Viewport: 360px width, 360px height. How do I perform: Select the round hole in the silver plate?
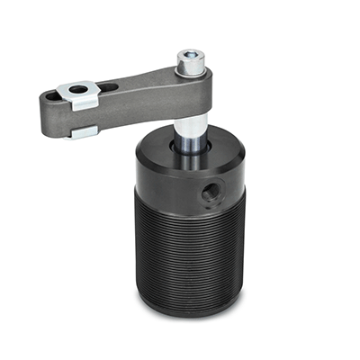click(x=79, y=89)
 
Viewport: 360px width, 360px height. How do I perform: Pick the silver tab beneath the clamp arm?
click(x=83, y=131)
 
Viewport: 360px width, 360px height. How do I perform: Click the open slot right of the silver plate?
click(x=106, y=88)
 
